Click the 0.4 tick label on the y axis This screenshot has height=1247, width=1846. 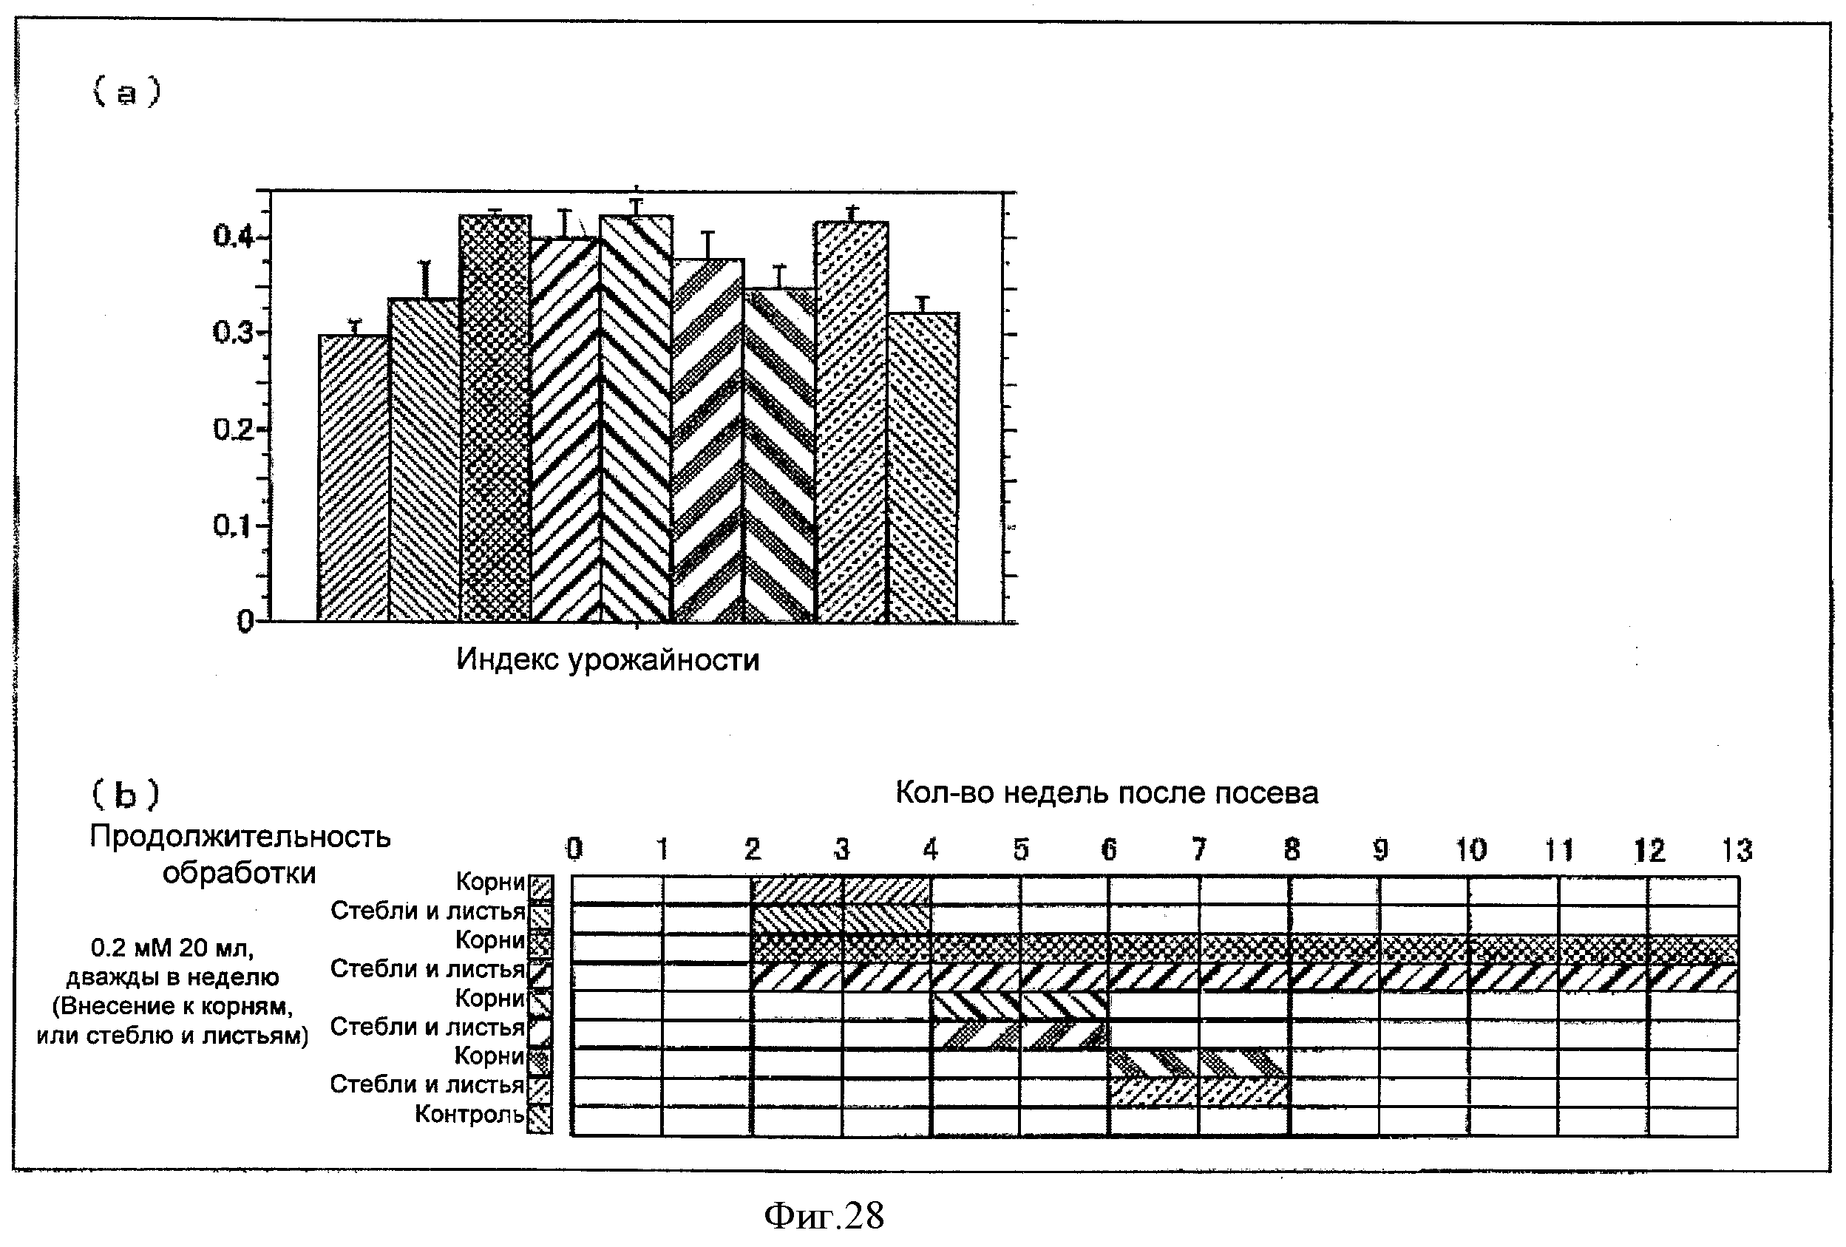click(233, 236)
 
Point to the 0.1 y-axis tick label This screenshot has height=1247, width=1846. click(233, 525)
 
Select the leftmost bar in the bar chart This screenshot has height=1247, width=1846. click(353, 478)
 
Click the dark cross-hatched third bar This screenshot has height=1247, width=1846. click(495, 418)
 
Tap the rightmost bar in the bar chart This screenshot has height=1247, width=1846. click(923, 467)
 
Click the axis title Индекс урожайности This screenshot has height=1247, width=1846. click(608, 660)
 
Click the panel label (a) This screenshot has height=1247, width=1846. click(126, 92)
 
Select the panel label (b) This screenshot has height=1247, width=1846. click(126, 793)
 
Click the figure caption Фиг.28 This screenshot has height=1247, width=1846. click(824, 1216)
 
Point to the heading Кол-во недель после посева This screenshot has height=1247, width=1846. click(1107, 792)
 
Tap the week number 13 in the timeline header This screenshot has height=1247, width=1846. click(1737, 851)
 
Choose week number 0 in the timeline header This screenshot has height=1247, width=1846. click(574, 849)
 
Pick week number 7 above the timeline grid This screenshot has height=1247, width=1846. click(1198, 850)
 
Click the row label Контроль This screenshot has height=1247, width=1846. click(469, 1115)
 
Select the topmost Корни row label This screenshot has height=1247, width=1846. click(490, 882)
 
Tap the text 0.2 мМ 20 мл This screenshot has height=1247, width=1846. click(172, 948)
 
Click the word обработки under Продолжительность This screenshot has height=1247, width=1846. click(239, 874)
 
